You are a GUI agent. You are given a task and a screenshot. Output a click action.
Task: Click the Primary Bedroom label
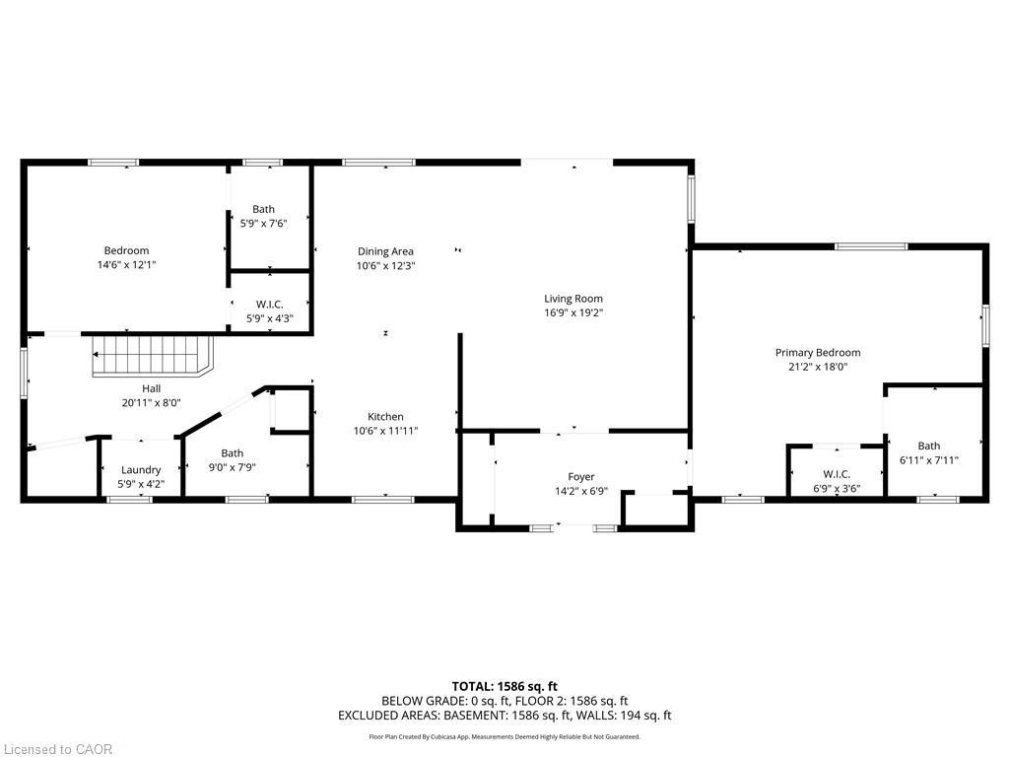[817, 352]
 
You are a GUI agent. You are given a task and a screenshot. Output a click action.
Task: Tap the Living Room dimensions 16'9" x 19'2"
[572, 312]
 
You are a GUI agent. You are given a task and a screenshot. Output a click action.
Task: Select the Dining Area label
[385, 251]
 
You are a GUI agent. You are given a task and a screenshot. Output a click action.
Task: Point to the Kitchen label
[385, 416]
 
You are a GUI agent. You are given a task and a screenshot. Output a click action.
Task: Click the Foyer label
[581, 477]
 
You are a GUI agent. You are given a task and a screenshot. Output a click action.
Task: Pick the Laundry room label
[141, 470]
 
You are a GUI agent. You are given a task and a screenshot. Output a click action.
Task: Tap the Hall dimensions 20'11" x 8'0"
[151, 402]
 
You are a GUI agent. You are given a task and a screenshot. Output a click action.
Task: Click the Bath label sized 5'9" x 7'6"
[263, 209]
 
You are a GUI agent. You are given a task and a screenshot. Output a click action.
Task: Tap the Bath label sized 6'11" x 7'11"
[928, 446]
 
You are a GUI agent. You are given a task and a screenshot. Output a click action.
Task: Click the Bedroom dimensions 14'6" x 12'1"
[126, 264]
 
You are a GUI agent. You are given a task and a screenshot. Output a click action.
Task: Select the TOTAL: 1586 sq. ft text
[504, 686]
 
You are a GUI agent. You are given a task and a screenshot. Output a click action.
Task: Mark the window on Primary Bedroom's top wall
[871, 245]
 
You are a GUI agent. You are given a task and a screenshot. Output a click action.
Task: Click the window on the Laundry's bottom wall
[130, 500]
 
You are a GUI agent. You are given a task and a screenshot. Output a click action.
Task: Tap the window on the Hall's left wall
[26, 372]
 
